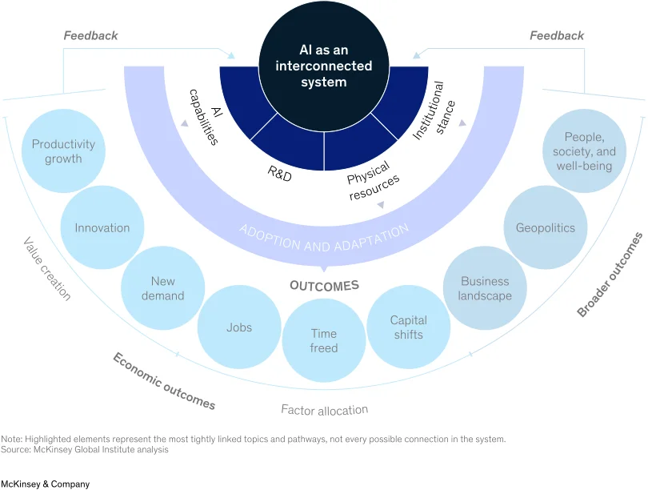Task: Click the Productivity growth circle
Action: [x=63, y=151]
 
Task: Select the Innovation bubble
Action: [x=102, y=227]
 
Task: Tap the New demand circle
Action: [x=163, y=288]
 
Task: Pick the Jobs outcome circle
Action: [x=239, y=327]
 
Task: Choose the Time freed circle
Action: [x=324, y=340]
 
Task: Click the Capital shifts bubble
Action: [x=409, y=327]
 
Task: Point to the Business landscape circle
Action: [x=485, y=288]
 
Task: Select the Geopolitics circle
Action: [x=546, y=227]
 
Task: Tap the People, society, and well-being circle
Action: [x=584, y=151]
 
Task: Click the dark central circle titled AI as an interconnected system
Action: [x=324, y=66]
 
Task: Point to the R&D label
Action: [x=280, y=174]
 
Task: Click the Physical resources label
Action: [x=373, y=181]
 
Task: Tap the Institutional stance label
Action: [x=434, y=110]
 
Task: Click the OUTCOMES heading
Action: [x=325, y=286]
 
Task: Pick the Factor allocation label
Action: [x=325, y=410]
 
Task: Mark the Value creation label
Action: [x=46, y=268]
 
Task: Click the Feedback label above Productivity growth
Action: [x=90, y=35]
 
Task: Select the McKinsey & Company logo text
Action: [x=45, y=484]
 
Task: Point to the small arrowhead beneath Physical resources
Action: [x=381, y=205]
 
